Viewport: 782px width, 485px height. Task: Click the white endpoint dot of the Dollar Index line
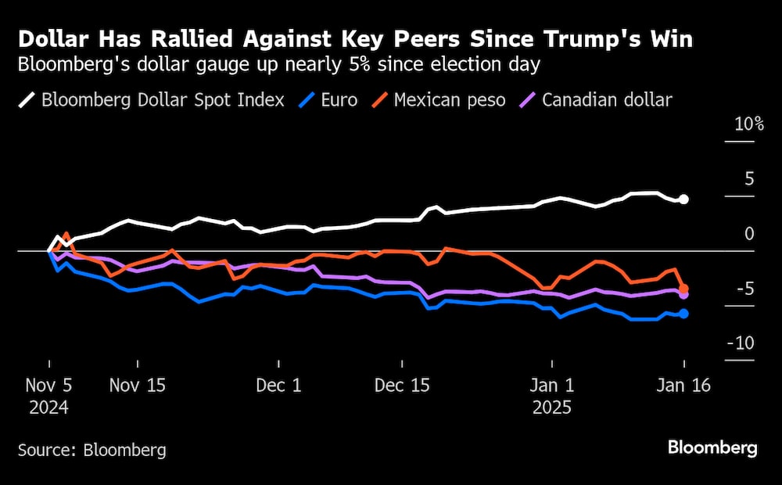pyautogui.click(x=683, y=199)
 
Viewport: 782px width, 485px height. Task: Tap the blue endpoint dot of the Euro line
pyautogui.click(x=683, y=314)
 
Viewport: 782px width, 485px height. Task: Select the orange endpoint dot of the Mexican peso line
pyautogui.click(x=683, y=289)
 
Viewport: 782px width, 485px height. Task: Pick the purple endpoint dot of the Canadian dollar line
pyautogui.click(x=683, y=295)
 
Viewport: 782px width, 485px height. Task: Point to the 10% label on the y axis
pyautogui.click(x=748, y=125)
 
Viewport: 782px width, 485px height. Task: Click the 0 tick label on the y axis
pyautogui.click(x=749, y=234)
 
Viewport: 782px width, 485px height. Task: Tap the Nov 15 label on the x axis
pyautogui.click(x=138, y=386)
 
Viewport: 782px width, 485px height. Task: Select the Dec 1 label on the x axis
pyautogui.click(x=279, y=386)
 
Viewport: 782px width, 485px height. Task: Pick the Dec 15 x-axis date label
pyautogui.click(x=403, y=386)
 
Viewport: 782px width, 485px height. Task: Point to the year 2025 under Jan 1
pyautogui.click(x=552, y=408)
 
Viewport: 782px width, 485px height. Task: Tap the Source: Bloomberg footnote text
pyautogui.click(x=92, y=450)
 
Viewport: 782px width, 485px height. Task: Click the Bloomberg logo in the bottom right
pyautogui.click(x=712, y=447)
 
